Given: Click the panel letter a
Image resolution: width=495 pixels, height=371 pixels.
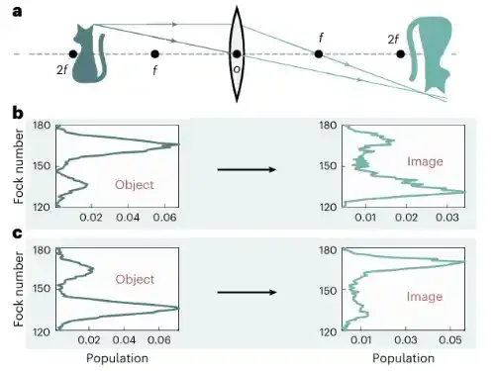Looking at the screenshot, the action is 17,12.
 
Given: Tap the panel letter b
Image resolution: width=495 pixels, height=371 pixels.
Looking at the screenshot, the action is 18,112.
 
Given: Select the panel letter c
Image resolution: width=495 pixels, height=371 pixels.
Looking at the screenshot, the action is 18,233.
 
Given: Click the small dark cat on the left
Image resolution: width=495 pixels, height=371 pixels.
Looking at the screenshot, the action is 89,53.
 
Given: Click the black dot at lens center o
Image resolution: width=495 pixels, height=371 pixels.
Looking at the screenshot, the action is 237,53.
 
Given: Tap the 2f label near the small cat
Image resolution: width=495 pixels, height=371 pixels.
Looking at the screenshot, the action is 62,69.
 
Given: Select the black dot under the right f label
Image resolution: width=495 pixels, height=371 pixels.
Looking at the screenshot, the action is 319,53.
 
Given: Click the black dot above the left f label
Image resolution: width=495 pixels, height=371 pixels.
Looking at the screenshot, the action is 154,53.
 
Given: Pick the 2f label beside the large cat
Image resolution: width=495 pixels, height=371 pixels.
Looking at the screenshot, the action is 393,40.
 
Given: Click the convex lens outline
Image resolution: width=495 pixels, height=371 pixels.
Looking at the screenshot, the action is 237,54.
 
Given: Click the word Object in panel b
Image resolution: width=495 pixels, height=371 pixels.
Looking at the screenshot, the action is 135,185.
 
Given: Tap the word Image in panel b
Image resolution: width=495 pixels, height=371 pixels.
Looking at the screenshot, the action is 425,161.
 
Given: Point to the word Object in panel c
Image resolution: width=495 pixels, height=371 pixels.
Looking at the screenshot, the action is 135,279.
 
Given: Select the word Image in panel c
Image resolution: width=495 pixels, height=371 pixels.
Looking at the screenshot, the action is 425,297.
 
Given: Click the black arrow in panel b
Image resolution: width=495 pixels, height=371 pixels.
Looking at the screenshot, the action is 247,169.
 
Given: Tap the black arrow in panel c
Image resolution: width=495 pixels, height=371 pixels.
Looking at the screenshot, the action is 247,292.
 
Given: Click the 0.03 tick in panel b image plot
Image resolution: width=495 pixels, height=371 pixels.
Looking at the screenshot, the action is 447,218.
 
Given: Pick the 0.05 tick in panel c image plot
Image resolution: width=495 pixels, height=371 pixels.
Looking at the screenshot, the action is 450,340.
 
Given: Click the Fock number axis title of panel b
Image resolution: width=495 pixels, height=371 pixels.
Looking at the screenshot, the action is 19,166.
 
